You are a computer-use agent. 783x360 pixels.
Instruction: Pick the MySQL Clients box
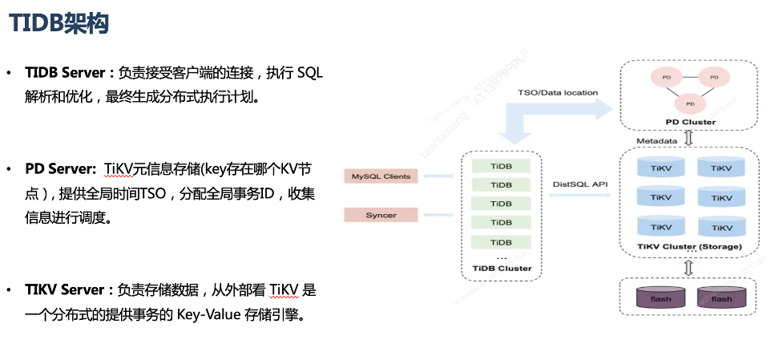381,176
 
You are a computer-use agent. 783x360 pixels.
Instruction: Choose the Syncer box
381,215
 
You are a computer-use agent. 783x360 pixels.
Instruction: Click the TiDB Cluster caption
502,268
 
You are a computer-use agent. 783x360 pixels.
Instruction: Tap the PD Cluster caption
690,122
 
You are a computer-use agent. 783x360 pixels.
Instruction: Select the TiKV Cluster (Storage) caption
690,246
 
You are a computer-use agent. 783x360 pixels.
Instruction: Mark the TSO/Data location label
559,92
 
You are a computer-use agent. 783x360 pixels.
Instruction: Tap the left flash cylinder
660,298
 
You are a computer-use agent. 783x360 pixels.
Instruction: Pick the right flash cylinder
721,298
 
